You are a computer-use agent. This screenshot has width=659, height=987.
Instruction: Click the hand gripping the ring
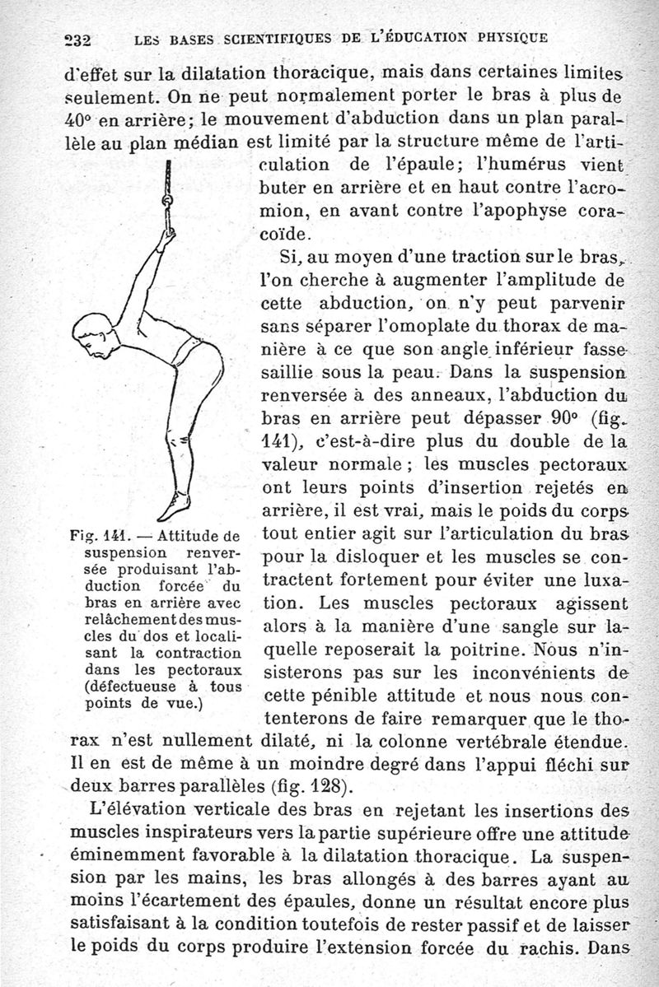tap(167, 239)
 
